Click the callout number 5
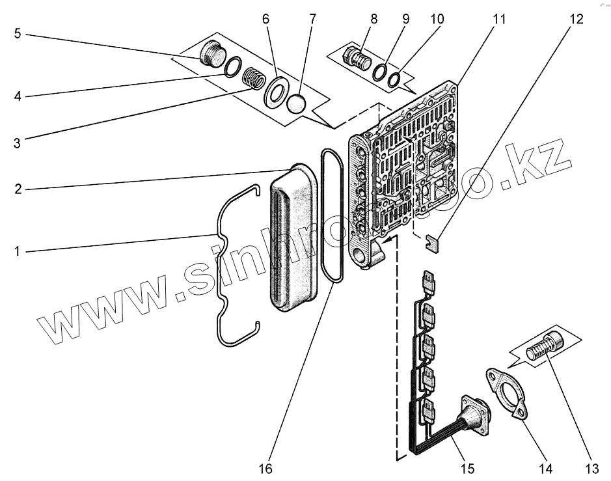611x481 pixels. click(x=18, y=33)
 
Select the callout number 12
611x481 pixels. click(x=577, y=19)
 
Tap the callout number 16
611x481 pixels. click(x=266, y=468)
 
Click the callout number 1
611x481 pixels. click(x=18, y=251)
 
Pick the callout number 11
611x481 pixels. click(x=498, y=19)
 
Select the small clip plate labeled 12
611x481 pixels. click(x=433, y=241)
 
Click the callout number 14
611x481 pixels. click(x=545, y=468)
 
